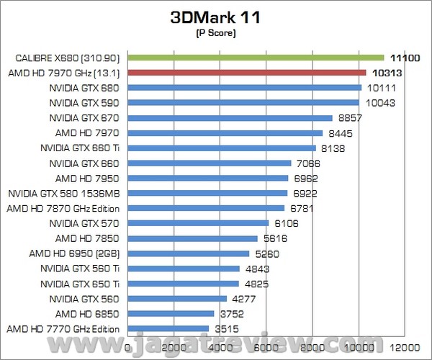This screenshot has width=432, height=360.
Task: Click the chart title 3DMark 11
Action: pos(216,17)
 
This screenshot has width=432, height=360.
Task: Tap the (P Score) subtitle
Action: pos(216,33)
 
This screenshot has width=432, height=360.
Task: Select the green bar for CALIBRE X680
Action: pos(256,58)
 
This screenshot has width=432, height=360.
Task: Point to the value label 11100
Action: pos(405,58)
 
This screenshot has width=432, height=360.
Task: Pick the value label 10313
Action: pos(387,73)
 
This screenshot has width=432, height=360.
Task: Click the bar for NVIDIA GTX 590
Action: pos(243,102)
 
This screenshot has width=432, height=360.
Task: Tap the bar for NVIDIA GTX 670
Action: pos(230,117)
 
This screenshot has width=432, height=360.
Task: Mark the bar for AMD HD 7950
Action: pos(208,178)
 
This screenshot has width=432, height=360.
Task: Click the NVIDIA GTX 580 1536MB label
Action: pos(68,193)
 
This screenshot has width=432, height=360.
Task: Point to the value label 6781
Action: pos(301,209)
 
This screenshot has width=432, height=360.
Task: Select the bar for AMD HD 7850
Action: pos(192,238)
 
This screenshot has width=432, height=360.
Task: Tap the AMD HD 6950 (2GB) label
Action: pos(79,253)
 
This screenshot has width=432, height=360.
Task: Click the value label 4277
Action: pos(243,299)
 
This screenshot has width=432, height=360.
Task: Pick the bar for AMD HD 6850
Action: pos(171,313)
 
